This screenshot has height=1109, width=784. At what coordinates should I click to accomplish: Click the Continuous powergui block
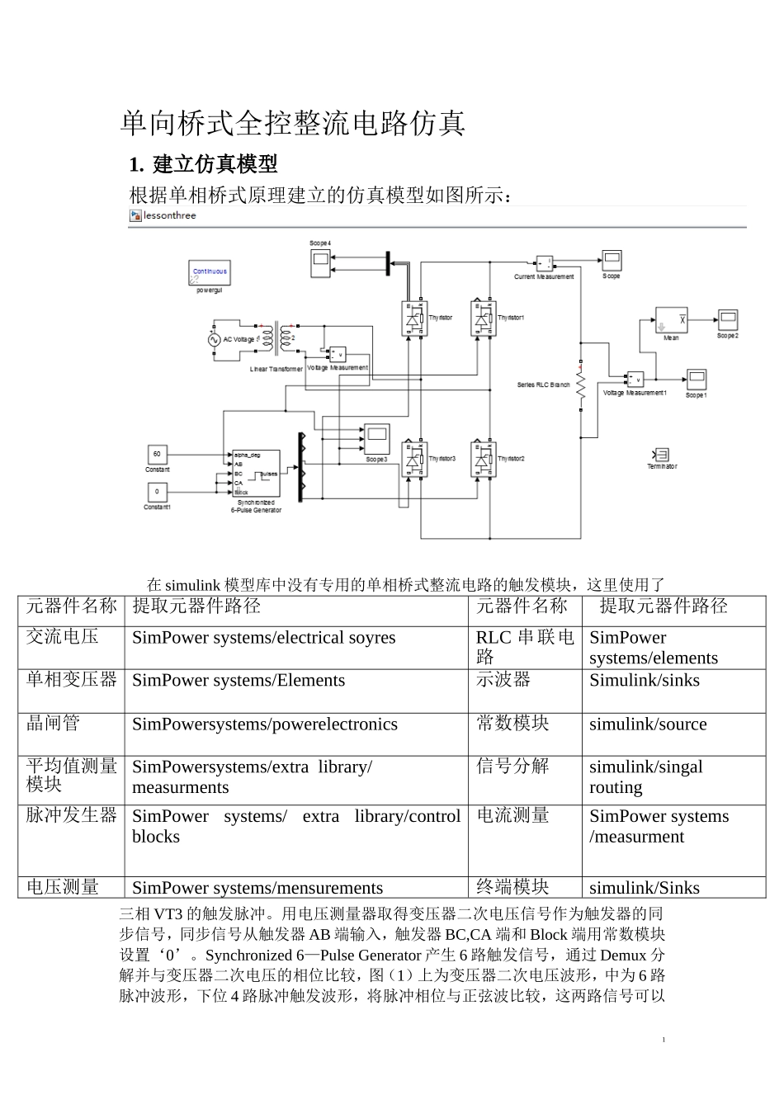(210, 272)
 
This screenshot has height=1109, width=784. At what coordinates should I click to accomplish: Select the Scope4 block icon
(319, 262)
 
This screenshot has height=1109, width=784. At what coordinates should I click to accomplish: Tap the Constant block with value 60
(157, 454)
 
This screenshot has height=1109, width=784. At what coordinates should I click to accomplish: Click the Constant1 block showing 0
(157, 492)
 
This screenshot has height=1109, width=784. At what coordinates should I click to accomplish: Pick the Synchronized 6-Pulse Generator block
(256, 473)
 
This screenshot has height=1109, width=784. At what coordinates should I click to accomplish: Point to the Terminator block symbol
(661, 455)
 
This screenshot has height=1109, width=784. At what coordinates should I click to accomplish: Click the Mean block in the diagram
(672, 320)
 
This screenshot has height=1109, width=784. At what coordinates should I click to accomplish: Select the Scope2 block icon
(727, 320)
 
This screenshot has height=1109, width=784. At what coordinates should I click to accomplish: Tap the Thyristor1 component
(483, 319)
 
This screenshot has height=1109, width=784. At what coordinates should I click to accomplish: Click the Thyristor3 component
(414, 460)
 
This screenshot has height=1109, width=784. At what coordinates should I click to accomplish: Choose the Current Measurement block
(544, 264)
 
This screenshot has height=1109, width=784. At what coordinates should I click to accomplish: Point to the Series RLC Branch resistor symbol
(580, 385)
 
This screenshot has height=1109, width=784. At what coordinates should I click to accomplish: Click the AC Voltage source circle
(215, 339)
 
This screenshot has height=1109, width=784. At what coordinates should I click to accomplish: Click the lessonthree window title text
(170, 216)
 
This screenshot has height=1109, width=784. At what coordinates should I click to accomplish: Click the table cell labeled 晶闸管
(54, 724)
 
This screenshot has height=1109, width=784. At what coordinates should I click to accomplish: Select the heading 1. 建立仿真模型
(203, 164)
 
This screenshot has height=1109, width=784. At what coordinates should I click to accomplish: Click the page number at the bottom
(664, 1040)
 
